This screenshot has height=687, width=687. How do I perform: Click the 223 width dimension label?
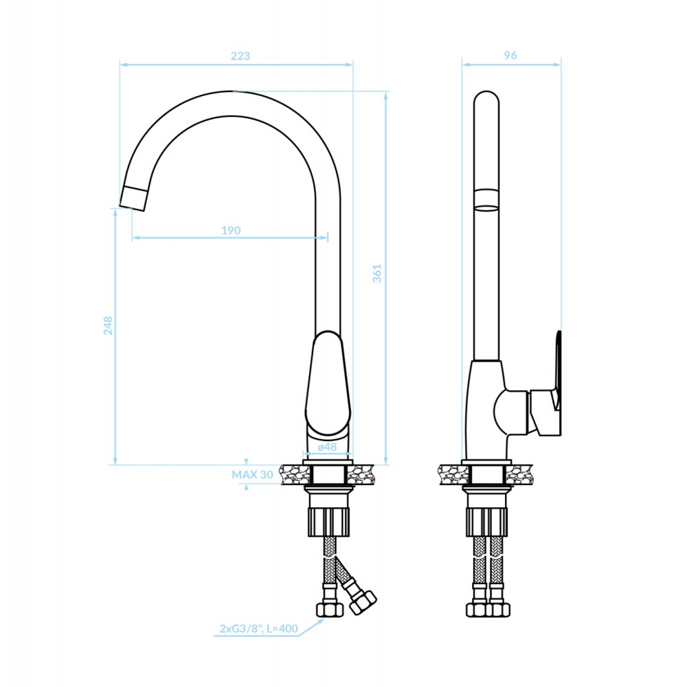pyautogui.click(x=240, y=56)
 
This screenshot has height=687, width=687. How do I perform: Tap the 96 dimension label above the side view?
pyautogui.click(x=510, y=55)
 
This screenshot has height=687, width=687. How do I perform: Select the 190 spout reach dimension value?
pyautogui.click(x=231, y=230)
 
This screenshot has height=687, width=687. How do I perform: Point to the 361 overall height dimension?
pyautogui.click(x=376, y=273)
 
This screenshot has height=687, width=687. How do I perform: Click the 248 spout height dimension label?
pyautogui.click(x=108, y=326)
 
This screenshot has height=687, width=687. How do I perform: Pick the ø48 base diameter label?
pyautogui.click(x=327, y=447)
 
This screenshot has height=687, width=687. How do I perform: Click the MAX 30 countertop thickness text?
pyautogui.click(x=252, y=475)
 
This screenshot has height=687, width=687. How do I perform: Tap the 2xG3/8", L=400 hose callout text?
pyautogui.click(x=258, y=629)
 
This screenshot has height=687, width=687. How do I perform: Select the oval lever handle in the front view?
pyautogui.click(x=328, y=383)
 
